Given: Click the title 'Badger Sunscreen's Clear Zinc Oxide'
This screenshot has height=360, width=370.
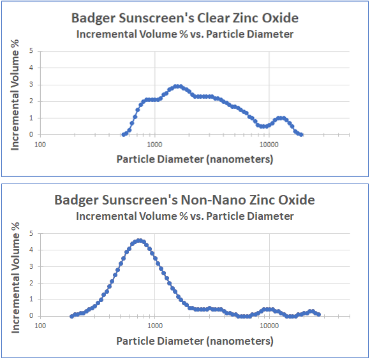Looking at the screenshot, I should (184, 18).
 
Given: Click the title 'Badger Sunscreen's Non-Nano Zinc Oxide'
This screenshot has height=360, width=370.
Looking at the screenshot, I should (184, 200).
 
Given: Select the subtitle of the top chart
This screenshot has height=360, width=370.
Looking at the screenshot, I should (184, 34).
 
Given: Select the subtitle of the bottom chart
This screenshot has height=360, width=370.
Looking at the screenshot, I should (184, 216).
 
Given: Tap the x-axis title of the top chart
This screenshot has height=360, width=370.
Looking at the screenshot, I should (195, 159).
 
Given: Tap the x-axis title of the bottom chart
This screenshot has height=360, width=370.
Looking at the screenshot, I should (195, 340).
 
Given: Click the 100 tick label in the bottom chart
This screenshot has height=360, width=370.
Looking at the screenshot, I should (40, 326).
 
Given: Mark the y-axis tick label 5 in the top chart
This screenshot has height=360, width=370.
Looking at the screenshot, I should (31, 51).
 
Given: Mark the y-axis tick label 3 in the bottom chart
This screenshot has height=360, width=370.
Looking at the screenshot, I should (31, 266).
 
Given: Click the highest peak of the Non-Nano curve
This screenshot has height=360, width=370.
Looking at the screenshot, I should (140, 241).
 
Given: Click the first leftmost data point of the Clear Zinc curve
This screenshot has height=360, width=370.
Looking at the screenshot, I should (124, 134).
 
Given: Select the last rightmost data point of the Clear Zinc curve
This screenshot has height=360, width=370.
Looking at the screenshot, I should (301, 134).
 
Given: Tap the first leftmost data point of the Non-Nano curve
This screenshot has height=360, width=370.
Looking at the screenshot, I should (71, 316).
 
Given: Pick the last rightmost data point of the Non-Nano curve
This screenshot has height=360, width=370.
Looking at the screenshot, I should (318, 314).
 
